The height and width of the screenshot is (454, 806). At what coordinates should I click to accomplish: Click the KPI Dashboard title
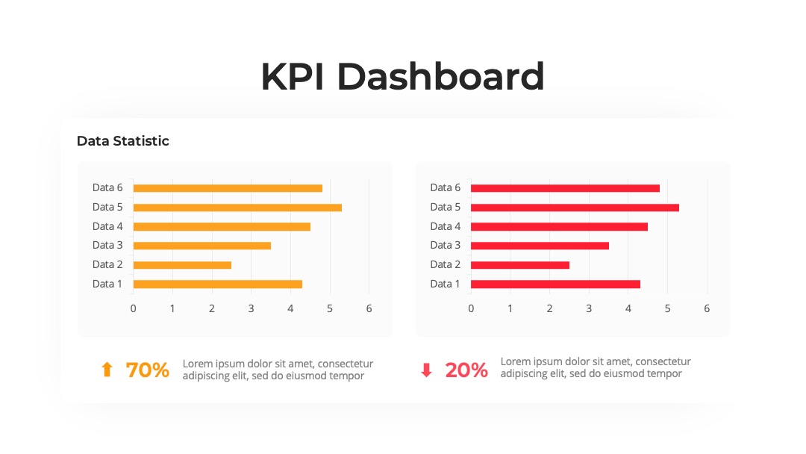point(402,77)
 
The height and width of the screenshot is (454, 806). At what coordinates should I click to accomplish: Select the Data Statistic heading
point(123,141)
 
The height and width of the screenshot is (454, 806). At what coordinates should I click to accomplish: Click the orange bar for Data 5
point(237,208)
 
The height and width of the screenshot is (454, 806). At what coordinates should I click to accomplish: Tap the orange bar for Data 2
point(182,265)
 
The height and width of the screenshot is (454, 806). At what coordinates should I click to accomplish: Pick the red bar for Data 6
point(565,188)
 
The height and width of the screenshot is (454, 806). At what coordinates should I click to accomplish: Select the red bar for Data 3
point(540,246)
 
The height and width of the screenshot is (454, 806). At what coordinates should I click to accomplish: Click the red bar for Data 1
point(555,284)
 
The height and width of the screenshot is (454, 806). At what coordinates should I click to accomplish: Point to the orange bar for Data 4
point(222,227)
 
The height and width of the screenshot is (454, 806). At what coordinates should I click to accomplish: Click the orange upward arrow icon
point(107,369)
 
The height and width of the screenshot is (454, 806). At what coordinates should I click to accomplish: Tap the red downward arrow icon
point(426,370)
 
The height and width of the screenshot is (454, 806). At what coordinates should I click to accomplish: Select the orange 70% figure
point(148,370)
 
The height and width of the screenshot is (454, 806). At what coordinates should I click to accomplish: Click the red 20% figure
point(466,370)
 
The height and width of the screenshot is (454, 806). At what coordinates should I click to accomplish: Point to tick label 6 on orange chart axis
point(369,308)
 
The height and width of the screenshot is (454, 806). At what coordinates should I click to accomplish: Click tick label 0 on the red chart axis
point(471,308)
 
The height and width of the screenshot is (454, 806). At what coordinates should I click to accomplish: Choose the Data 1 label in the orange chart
point(107,284)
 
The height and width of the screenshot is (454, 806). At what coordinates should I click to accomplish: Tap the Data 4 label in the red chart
point(445,226)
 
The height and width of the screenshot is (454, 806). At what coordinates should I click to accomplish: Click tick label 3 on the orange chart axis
point(251,308)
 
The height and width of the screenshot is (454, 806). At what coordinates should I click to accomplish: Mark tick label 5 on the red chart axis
point(667,308)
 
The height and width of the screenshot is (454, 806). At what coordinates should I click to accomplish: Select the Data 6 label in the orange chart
point(107,187)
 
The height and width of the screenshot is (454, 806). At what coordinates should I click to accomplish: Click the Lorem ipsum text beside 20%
point(596,367)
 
